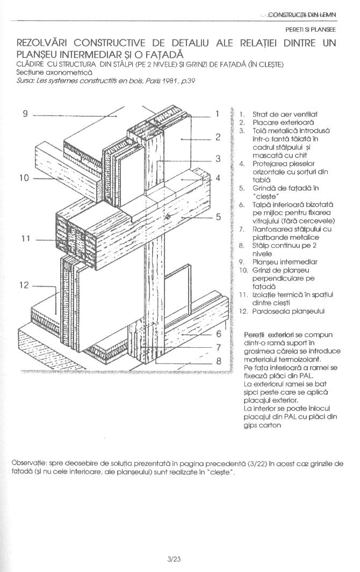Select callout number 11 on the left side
(x=25, y=239)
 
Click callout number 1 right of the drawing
(x=217, y=114)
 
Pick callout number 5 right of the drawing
(x=219, y=217)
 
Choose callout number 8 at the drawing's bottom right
(x=219, y=361)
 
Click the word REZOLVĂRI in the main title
(x=42, y=42)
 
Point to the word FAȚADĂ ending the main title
(x=161, y=55)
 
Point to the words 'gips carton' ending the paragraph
(x=262, y=425)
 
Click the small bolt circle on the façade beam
(x=168, y=216)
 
